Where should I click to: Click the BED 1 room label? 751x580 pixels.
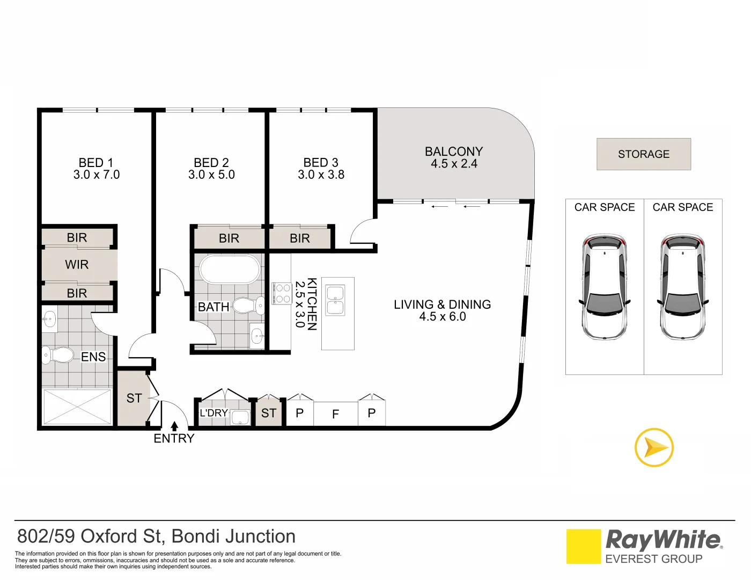coord(97,163)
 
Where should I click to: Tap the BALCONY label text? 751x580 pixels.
coord(454,151)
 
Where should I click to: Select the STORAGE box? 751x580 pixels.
coord(644,154)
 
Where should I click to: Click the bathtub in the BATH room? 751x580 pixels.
coord(230,269)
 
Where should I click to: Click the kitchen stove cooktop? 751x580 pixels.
coord(282,293)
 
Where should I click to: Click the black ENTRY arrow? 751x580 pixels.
coord(174,426)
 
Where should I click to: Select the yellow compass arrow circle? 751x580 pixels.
coord(654,447)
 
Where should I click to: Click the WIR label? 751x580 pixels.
coord(77,265)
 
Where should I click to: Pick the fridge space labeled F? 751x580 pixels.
coord(336,414)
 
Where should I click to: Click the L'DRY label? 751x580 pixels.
coord(213,413)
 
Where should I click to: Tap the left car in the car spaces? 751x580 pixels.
coord(605,287)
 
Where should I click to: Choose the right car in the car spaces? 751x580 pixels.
coord(683,287)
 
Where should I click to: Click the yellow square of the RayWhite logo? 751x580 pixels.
coord(584,546)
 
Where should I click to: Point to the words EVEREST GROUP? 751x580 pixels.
coord(653,559)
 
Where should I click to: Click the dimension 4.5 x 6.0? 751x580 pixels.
coord(443,317)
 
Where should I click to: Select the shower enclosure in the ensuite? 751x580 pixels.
coord(77,407)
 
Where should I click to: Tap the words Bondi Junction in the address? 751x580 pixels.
coord(234,536)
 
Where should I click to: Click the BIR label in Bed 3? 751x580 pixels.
coord(300,238)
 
